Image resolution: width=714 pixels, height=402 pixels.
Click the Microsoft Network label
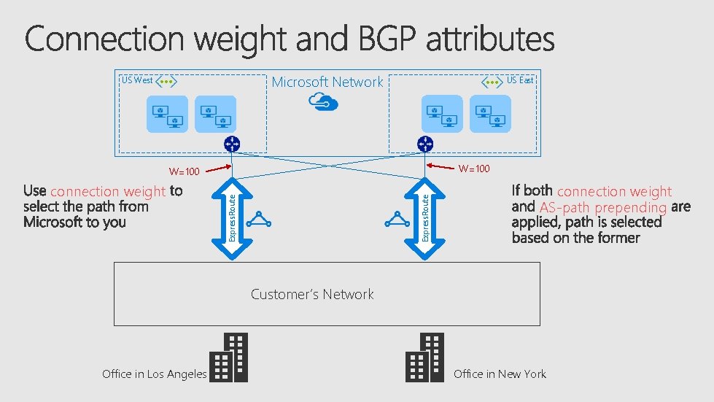[x=327, y=82]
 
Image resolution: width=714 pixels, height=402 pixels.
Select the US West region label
[x=137, y=80]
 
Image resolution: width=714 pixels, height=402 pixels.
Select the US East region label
[x=520, y=80]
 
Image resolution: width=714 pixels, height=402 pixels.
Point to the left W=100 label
[x=184, y=172]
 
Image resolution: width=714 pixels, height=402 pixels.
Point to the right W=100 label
[x=474, y=169]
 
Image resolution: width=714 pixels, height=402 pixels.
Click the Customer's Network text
[x=312, y=294]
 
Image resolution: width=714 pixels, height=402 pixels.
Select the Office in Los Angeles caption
[x=155, y=374]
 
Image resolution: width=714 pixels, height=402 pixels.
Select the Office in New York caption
[x=500, y=374]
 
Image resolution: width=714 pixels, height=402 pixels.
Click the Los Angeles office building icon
[x=229, y=357]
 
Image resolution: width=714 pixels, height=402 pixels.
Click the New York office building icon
[x=424, y=357]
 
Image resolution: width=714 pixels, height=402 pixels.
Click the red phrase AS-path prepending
[x=603, y=208]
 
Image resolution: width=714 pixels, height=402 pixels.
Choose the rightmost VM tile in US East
[x=490, y=114]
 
